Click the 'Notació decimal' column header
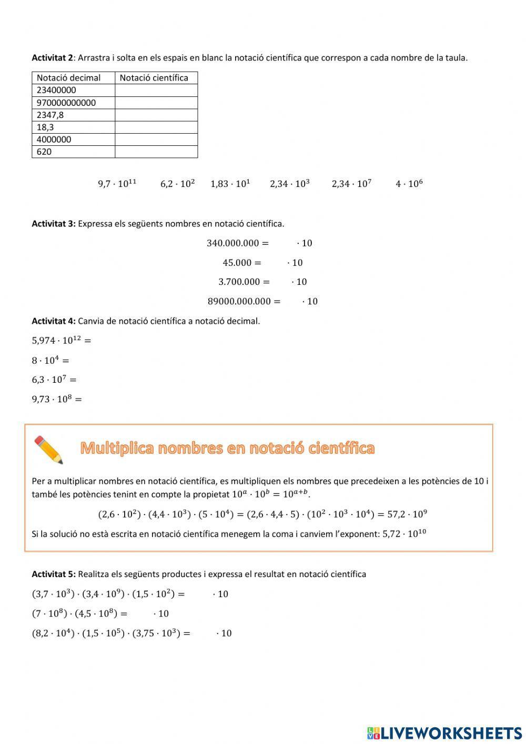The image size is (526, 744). coord(68,78)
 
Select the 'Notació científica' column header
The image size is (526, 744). coord(154,78)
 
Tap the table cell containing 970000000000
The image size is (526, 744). coord(66,103)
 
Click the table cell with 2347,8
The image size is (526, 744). coord(50,115)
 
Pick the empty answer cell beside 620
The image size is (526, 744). coord(156,152)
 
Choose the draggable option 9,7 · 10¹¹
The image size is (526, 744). coord(117,183)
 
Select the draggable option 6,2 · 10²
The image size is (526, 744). coord(177,183)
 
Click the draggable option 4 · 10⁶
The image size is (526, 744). coord(409,183)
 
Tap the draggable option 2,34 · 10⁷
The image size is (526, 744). coord(351,183)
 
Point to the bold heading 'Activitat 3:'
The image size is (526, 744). coord(54,223)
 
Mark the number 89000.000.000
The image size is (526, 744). coord(239,301)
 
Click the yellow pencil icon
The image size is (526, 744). coord(49,450)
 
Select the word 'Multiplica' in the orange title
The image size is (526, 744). coord(117,448)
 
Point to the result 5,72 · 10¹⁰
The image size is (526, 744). coord(404,533)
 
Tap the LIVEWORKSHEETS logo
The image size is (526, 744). coord(444,733)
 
